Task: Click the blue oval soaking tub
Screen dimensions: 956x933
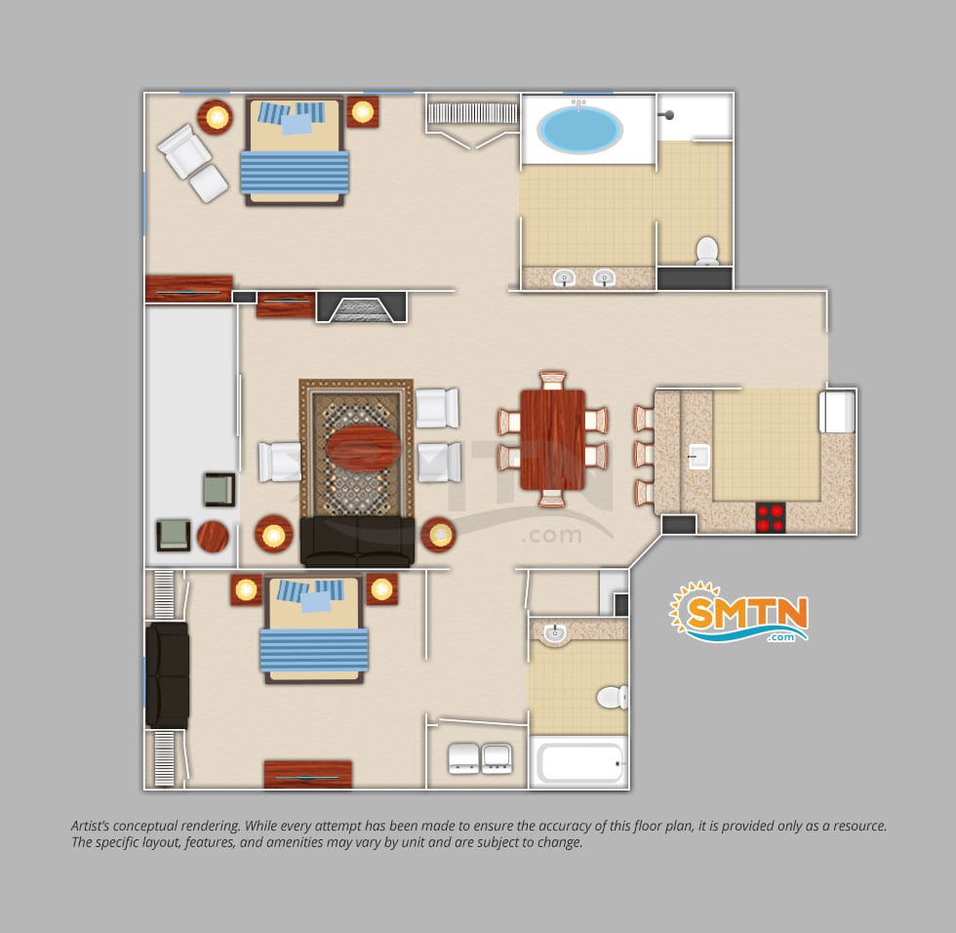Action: click(x=579, y=130)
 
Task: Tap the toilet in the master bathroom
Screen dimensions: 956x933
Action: click(x=707, y=251)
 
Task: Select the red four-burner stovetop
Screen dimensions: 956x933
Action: click(x=771, y=517)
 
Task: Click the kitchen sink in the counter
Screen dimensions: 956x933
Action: click(x=699, y=456)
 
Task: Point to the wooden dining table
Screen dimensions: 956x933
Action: click(x=552, y=439)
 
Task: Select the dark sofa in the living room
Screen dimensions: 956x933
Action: click(x=357, y=541)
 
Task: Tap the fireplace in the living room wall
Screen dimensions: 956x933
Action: click(x=362, y=306)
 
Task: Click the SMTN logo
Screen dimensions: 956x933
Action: click(x=739, y=613)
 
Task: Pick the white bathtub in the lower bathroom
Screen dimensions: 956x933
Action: click(x=578, y=762)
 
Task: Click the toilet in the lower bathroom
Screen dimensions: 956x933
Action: click(x=613, y=697)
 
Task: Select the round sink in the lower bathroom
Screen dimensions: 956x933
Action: click(x=555, y=632)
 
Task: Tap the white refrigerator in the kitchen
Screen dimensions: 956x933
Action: click(x=838, y=411)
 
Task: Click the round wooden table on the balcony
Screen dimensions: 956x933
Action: click(x=213, y=537)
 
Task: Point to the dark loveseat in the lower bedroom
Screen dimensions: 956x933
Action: click(x=167, y=675)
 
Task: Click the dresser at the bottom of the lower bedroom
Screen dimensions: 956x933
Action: click(x=308, y=775)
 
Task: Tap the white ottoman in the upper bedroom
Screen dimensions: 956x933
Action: click(x=209, y=183)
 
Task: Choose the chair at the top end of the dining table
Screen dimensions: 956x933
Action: click(x=553, y=380)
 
